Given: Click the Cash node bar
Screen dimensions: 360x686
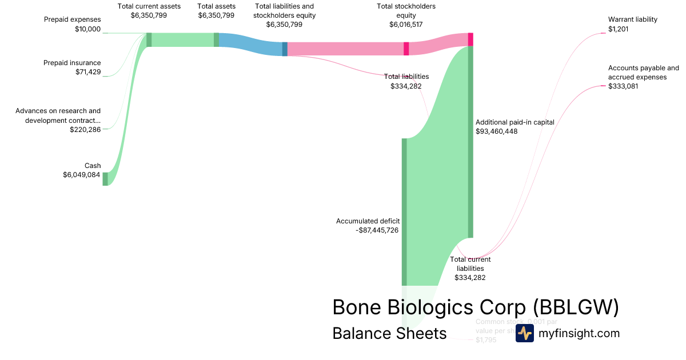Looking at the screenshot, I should point(105,179).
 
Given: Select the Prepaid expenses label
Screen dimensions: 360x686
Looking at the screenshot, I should point(72,19).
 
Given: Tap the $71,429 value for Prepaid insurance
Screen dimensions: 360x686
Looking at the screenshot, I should point(88,72).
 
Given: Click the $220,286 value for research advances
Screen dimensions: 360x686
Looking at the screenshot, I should point(85,130).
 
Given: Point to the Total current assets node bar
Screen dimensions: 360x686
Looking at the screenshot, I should point(149,39).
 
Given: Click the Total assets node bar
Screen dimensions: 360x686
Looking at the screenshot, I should point(216,39).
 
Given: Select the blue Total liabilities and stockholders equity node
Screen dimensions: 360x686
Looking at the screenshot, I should point(285,49).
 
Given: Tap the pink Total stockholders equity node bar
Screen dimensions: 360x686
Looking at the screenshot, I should point(406,49).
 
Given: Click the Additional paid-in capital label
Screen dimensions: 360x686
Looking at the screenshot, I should point(514,122).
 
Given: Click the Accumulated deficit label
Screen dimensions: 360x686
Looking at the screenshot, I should point(368,221).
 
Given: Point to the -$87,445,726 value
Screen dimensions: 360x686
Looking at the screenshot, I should point(377,230).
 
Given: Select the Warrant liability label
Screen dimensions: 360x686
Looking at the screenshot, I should point(633,19).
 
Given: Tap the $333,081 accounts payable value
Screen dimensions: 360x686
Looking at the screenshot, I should point(623,86).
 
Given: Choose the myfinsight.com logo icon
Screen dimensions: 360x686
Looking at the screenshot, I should point(524,333).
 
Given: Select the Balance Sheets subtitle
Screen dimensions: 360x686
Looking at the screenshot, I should point(389,333).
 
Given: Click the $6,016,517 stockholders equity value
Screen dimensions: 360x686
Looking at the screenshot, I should point(406,25).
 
